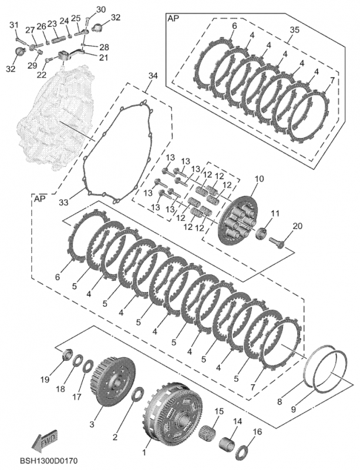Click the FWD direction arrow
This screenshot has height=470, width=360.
[x=45, y=441]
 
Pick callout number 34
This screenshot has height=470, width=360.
[x=153, y=76]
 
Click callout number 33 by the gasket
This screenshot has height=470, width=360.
[x=63, y=202]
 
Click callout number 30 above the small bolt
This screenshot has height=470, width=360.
[x=100, y=9]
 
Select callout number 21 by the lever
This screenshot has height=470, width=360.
[x=103, y=57]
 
